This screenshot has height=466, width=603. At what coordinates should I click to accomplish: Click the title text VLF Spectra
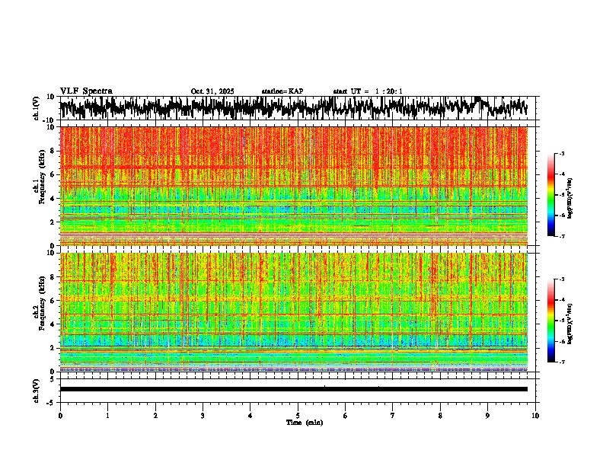click(x=86, y=91)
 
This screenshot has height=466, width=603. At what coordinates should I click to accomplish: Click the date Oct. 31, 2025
click(x=212, y=91)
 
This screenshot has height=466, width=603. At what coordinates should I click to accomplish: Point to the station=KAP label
click(x=282, y=91)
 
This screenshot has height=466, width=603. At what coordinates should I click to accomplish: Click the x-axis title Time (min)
click(x=304, y=423)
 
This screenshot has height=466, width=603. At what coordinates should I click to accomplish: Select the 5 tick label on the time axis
click(x=298, y=416)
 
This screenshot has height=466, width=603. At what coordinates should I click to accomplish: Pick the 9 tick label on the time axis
click(x=488, y=416)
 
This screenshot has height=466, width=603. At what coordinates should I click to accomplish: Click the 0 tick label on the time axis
click(x=60, y=416)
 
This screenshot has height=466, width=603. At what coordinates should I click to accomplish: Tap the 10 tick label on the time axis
click(x=535, y=416)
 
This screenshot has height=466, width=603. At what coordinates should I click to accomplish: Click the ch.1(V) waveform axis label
click(x=37, y=108)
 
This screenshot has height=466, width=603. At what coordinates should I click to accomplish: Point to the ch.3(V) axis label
click(x=37, y=389)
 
